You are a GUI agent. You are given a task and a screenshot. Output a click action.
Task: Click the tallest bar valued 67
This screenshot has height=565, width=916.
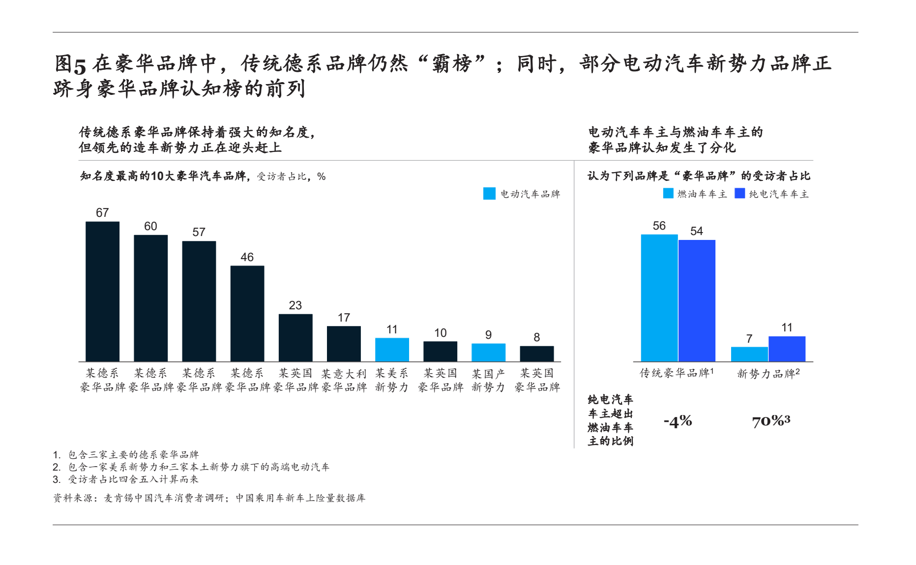pyautogui.click(x=102, y=291)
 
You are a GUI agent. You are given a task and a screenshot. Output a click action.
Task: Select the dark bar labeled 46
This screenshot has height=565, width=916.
pyautogui.click(x=247, y=313)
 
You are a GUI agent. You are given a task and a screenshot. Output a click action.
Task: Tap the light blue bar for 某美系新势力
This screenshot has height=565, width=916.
pyautogui.click(x=392, y=350)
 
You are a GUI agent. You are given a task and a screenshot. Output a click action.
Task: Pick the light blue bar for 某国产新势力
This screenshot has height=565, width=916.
pyautogui.click(x=488, y=352)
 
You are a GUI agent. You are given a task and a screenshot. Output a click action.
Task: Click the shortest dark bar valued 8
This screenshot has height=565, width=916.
pyautogui.click(x=536, y=354)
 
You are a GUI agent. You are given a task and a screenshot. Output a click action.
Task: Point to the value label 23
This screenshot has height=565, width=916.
pyautogui.click(x=295, y=305)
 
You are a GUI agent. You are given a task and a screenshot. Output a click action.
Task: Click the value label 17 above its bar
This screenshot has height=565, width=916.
pyautogui.click(x=344, y=318)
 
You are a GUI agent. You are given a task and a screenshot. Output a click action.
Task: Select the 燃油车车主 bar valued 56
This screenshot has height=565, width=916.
pyautogui.click(x=659, y=297)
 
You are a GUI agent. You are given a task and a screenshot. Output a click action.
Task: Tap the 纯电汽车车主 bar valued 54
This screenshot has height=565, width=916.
pyautogui.click(x=697, y=300)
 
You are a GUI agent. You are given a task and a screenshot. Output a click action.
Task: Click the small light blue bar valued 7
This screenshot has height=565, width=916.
pyautogui.click(x=749, y=354)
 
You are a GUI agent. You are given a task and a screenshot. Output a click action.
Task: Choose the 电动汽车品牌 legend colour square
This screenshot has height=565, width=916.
pyautogui.click(x=489, y=194)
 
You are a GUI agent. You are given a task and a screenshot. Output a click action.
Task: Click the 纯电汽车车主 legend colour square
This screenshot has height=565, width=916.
pyautogui.click(x=739, y=194)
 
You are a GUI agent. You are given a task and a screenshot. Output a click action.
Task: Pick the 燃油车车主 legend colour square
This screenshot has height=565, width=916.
pyautogui.click(x=668, y=194)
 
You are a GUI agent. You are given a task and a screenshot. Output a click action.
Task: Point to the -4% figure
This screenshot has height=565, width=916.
pyautogui.click(x=678, y=421)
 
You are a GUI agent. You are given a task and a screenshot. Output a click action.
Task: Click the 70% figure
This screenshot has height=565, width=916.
pyautogui.click(x=768, y=421)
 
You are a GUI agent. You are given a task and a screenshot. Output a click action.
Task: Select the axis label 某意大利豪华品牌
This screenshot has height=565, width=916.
pyautogui.click(x=344, y=380)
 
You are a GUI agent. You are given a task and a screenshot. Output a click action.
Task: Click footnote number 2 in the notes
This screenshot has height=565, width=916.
pyautogui.click(x=57, y=467)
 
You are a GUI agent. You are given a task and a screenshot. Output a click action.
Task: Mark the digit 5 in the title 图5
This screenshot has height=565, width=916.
pyautogui.click(x=80, y=64)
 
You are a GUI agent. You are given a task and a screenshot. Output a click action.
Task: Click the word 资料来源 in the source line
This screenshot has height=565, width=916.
pyautogui.click(x=73, y=498)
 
